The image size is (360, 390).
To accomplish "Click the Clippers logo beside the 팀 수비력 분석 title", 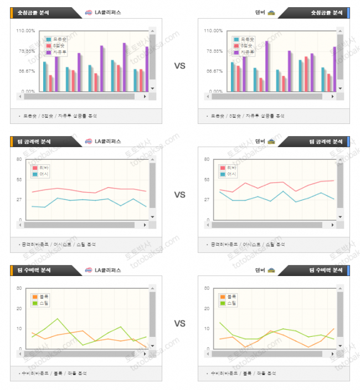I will [x=89, y=270].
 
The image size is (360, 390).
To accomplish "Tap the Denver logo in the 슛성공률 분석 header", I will [x=271, y=12].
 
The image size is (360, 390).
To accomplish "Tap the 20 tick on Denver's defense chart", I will [x=207, y=308].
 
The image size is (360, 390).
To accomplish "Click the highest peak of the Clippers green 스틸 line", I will [x=57, y=319].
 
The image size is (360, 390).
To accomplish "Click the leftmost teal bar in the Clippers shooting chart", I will [x=45, y=76].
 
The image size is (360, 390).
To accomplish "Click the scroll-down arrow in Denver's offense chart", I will [x=340, y=217].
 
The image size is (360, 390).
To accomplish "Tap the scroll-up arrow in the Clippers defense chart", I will [x=152, y=289].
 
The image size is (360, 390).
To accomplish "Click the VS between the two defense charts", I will [x=179, y=324].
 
